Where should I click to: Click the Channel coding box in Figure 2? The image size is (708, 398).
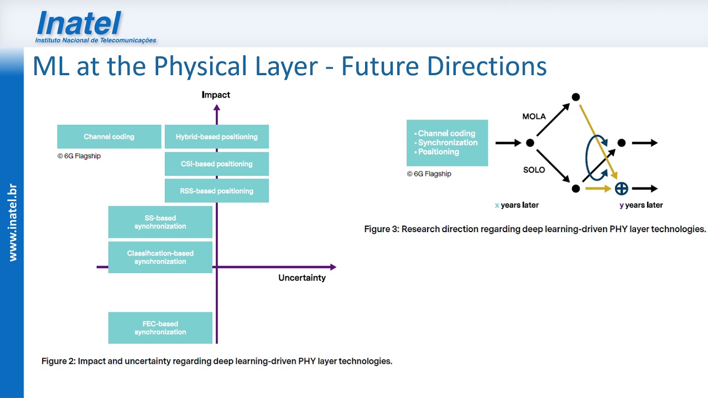pyautogui.click(x=109, y=137)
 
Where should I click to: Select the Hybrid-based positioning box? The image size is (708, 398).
pyautogui.click(x=216, y=137)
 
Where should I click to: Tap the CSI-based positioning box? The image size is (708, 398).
pyautogui.click(x=216, y=164)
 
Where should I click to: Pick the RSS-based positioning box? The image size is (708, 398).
pyautogui.click(x=216, y=191)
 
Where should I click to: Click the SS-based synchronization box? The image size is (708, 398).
pyautogui.click(x=160, y=222)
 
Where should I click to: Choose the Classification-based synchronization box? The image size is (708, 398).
pyautogui.click(x=160, y=257)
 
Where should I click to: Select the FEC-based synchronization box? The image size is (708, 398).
pyautogui.click(x=160, y=328)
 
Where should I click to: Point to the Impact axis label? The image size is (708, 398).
pyautogui.click(x=216, y=95)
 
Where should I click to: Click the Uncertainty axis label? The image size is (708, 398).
pyautogui.click(x=301, y=278)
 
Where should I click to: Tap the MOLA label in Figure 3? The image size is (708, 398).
pyautogui.click(x=534, y=117)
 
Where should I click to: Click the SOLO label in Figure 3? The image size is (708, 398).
pyautogui.click(x=534, y=170)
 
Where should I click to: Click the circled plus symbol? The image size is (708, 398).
pyautogui.click(x=621, y=188)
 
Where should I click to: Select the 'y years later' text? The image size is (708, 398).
pyautogui.click(x=641, y=205)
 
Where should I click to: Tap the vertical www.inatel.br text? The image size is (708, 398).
pyautogui.click(x=12, y=223)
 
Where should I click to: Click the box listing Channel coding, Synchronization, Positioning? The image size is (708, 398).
pyautogui.click(x=447, y=143)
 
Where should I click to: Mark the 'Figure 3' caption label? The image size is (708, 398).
pyautogui.click(x=381, y=229)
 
